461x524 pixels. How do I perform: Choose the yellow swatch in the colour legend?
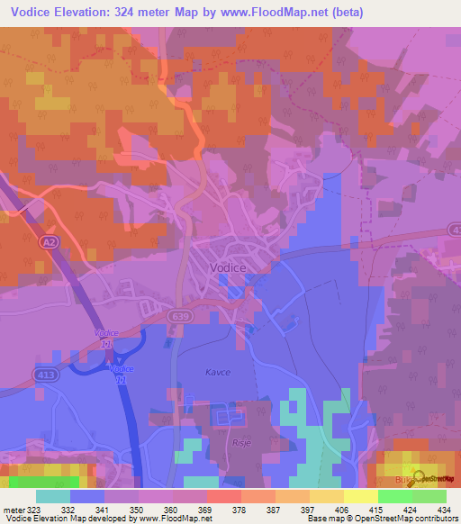[x=361, y=496]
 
